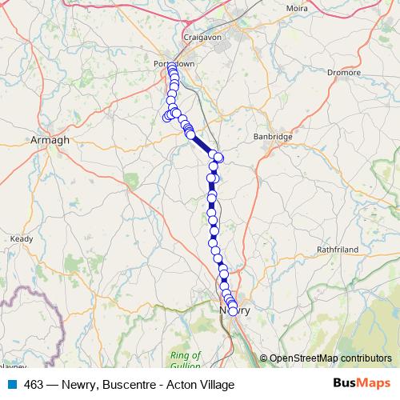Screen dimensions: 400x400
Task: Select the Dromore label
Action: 344,71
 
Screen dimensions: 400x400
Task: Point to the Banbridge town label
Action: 274,137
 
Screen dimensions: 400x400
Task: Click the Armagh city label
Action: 50,139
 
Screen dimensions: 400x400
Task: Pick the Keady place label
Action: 21,238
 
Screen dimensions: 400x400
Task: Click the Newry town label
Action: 234,310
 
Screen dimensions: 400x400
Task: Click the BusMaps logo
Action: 362,384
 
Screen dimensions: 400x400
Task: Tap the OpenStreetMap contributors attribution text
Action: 330,358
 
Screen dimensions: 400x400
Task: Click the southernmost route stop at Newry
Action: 234,312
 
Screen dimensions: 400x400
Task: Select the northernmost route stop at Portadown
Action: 171,66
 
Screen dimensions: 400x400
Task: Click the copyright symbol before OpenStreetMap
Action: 264,358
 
